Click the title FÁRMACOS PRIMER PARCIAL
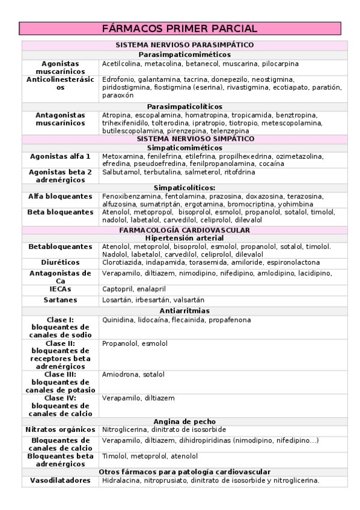180,29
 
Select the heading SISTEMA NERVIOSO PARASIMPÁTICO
184,45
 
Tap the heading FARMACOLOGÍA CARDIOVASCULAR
184,230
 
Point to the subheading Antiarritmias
184,310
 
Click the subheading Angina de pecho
184,422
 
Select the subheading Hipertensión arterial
184,238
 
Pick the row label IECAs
60,289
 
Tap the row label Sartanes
60,300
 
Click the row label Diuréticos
60,262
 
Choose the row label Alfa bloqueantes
60,196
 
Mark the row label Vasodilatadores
60,481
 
